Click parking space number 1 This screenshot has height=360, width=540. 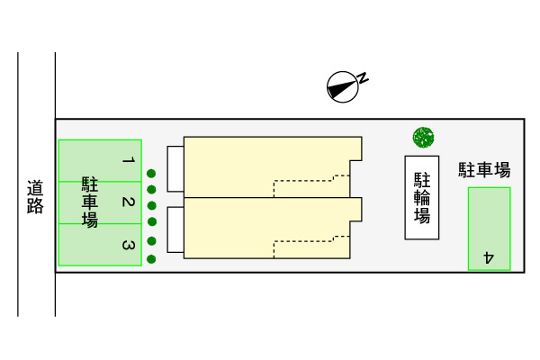(x=128, y=161)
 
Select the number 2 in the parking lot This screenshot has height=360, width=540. (x=128, y=202)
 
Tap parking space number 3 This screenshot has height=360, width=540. (x=128, y=245)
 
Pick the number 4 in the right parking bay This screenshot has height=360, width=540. (x=489, y=256)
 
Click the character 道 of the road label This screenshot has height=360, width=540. (x=35, y=189)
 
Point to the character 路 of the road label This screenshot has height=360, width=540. (x=35, y=207)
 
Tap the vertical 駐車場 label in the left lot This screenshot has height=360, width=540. (x=90, y=202)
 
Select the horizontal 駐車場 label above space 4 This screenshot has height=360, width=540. (x=484, y=169)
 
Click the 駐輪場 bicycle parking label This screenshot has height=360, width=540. (x=421, y=197)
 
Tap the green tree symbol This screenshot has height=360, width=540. (x=423, y=138)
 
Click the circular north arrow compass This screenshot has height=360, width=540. (x=340, y=86)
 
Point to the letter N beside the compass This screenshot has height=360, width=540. (x=364, y=77)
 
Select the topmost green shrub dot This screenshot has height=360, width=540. (x=152, y=174)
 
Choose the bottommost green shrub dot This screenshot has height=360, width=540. (x=152, y=258)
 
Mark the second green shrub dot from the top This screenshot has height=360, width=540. (x=152, y=189)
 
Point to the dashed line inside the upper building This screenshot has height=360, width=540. (x=306, y=180)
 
